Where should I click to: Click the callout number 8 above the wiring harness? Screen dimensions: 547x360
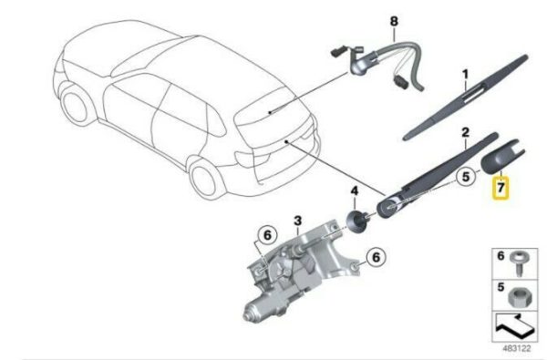tap(394, 22)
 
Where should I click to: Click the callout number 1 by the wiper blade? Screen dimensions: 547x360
tap(465, 74)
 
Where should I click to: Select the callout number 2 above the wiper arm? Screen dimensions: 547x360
tap(465, 132)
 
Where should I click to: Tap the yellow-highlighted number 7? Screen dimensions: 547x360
tap(501, 188)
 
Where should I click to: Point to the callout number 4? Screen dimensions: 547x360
tap(355, 190)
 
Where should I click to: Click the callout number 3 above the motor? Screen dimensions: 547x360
tap(297, 221)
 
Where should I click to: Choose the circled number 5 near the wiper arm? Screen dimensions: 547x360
tap(466, 177)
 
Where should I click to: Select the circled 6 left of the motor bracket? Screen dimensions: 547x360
tap(267, 235)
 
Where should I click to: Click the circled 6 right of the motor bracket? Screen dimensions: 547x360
tap(376, 257)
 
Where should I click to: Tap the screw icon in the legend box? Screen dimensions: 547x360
tap(519, 263)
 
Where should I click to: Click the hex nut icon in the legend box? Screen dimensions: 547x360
tap(517, 297)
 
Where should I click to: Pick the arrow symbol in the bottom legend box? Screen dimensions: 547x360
tap(514, 327)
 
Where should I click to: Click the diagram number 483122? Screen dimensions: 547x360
tap(517, 348)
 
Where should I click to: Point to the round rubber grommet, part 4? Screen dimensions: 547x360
tap(356, 221)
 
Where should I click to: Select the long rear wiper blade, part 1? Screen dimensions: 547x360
tap(466, 97)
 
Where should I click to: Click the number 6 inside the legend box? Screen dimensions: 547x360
tap(501, 256)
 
